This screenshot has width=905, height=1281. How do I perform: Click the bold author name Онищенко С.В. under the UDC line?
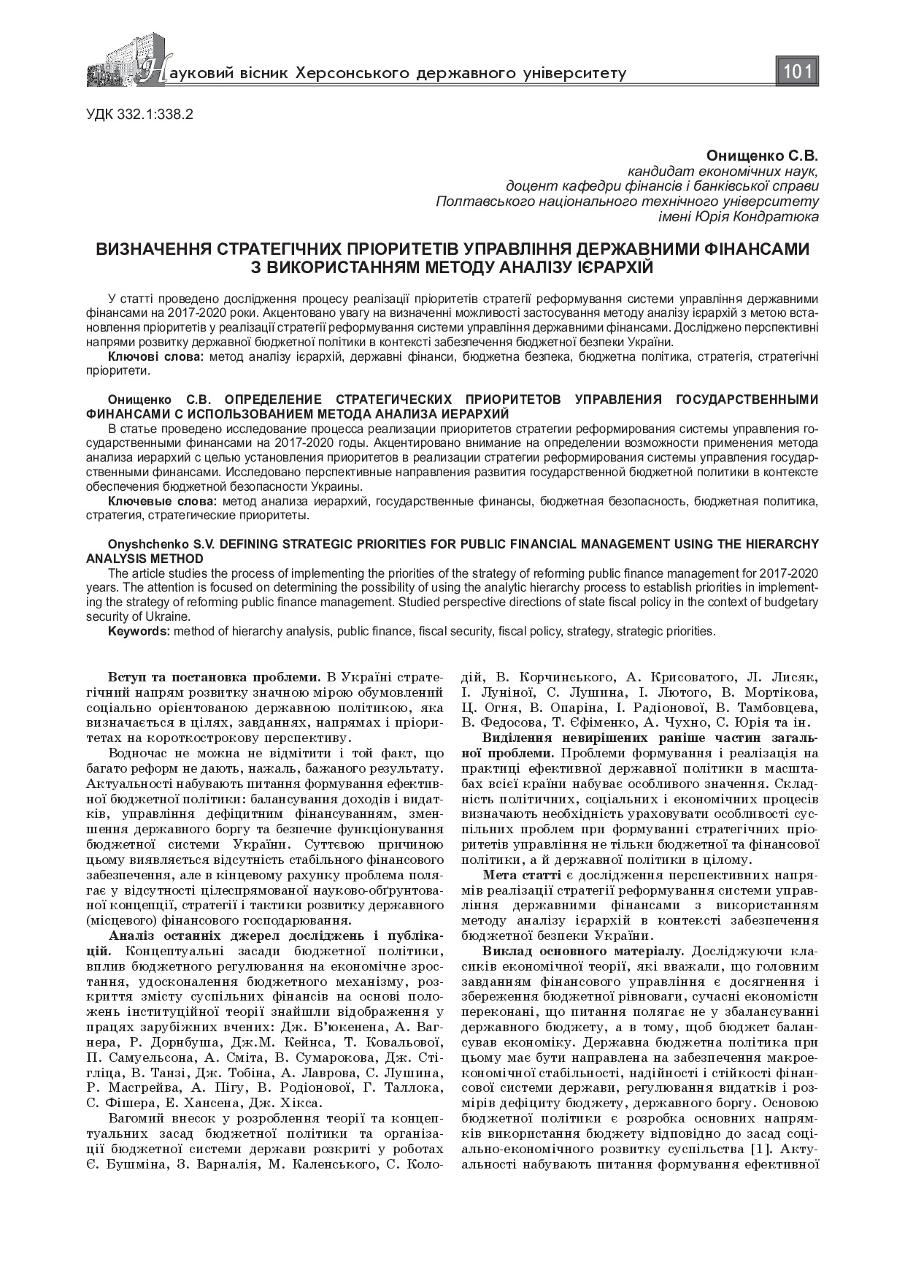coord(762,156)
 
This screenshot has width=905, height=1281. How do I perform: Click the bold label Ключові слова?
coord(156,357)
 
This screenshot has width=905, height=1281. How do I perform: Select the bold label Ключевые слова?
coord(162,502)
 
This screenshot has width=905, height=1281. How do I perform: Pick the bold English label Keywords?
coord(139,630)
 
